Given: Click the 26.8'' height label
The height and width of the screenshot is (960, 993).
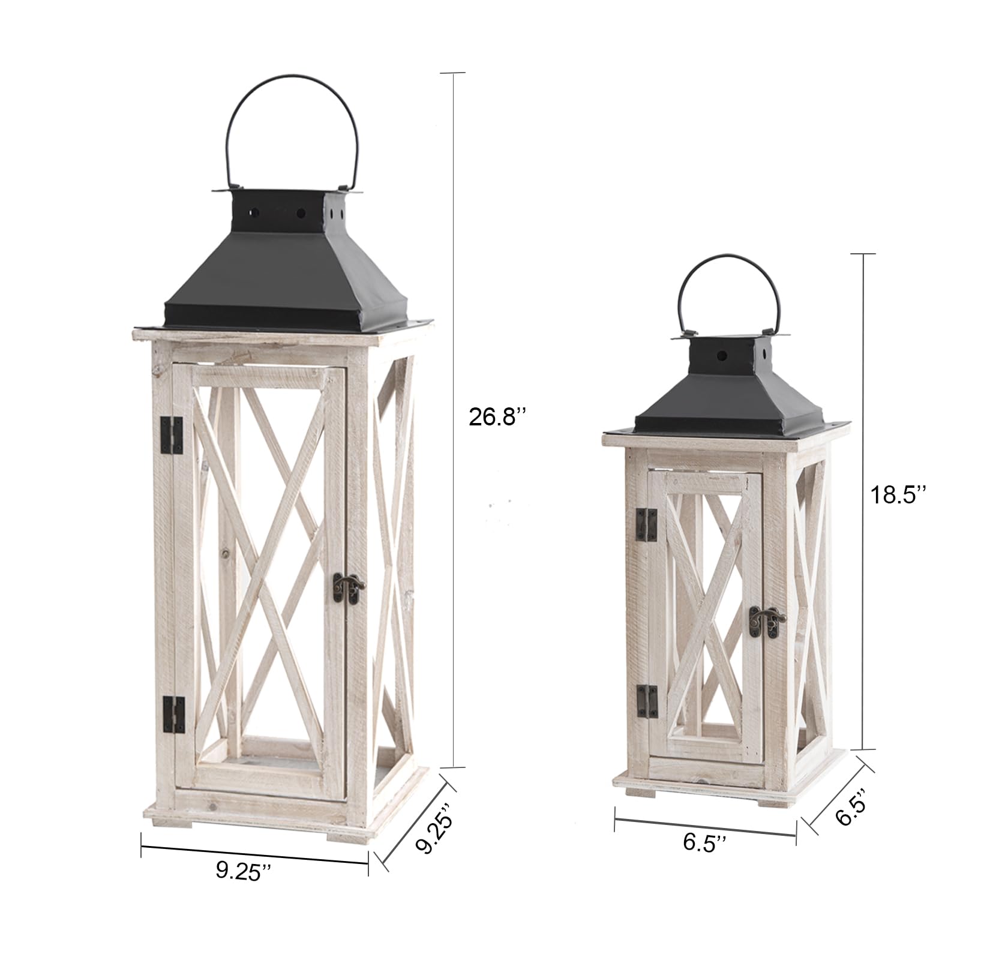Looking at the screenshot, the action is (x=500, y=416).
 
